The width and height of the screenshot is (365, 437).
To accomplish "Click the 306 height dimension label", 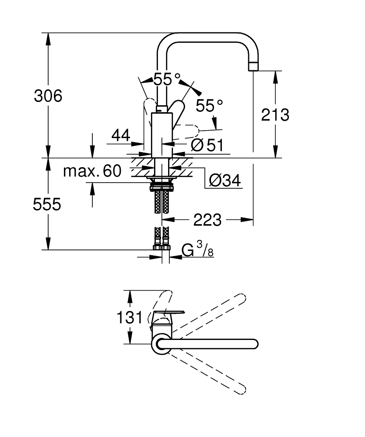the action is (48, 96).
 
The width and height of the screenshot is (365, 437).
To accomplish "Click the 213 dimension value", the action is (275, 115).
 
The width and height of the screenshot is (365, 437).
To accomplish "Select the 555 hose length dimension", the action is (47, 204).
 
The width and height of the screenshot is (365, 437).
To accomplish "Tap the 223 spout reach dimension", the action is (207, 220).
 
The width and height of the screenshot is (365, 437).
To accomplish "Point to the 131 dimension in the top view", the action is (130, 317).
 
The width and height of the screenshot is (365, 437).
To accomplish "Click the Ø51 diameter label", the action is (207, 145).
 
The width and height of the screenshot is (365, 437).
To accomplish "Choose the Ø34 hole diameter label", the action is (225, 180).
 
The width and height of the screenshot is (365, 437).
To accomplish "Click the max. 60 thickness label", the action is (92, 171).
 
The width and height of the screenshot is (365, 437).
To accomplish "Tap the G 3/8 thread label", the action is (197, 249).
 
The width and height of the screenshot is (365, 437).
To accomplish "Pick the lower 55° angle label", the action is (209, 106).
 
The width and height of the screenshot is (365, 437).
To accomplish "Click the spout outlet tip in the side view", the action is (253, 67).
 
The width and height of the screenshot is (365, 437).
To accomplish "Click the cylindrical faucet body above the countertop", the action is (162, 135).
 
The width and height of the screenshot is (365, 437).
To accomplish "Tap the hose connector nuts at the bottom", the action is (162, 247).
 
